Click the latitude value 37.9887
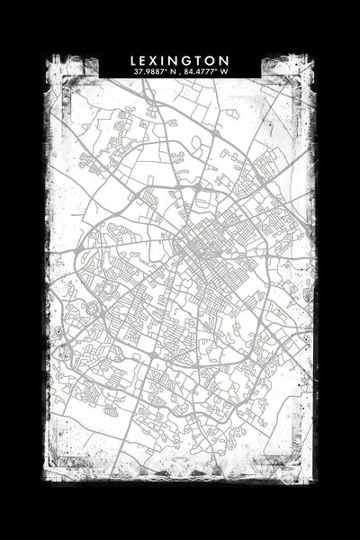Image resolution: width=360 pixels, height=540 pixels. [148, 71]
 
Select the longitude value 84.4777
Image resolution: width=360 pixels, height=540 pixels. [201, 71]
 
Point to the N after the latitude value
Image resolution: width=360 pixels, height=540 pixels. [172, 71]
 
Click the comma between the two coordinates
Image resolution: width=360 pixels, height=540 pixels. [179, 73]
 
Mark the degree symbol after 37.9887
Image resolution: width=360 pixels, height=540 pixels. [165, 69]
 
